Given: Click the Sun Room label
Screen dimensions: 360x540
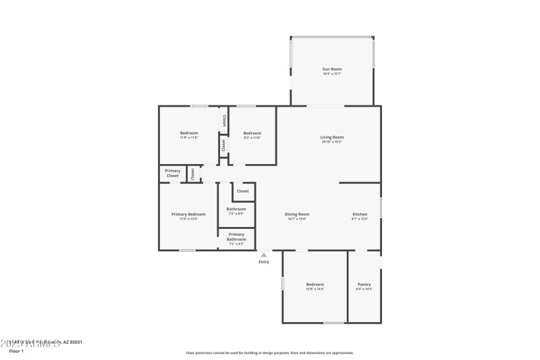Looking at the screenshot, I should (331, 69).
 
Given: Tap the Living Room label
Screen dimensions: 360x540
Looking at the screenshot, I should (331, 137).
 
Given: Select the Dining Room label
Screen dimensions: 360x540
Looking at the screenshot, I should (298, 214).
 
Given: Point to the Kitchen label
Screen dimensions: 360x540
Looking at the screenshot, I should (360, 214).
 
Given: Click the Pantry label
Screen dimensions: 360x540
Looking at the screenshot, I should (364, 284).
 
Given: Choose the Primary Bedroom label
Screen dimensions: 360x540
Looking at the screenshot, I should (188, 214).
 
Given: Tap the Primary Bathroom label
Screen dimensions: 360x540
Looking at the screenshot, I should (236, 236).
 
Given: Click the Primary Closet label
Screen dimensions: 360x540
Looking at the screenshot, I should (173, 173).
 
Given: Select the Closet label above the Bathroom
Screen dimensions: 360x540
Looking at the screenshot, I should (242, 191).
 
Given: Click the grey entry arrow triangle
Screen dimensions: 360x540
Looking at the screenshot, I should (264, 255).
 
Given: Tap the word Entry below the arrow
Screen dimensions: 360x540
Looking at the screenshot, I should (264, 262).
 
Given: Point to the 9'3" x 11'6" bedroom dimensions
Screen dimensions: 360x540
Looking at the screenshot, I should (252, 138).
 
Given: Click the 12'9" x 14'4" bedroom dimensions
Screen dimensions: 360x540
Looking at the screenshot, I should (315, 289).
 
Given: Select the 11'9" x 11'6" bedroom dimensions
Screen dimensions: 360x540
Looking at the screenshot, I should (189, 138).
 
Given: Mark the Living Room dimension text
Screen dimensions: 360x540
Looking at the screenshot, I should (331, 142).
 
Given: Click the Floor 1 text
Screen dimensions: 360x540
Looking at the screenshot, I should (16, 351).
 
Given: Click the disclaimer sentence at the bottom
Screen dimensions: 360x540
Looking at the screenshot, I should (269, 353).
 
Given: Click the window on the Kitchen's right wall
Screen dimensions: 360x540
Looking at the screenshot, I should (381, 207).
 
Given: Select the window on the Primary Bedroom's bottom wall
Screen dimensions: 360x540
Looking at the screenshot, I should (188, 251).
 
